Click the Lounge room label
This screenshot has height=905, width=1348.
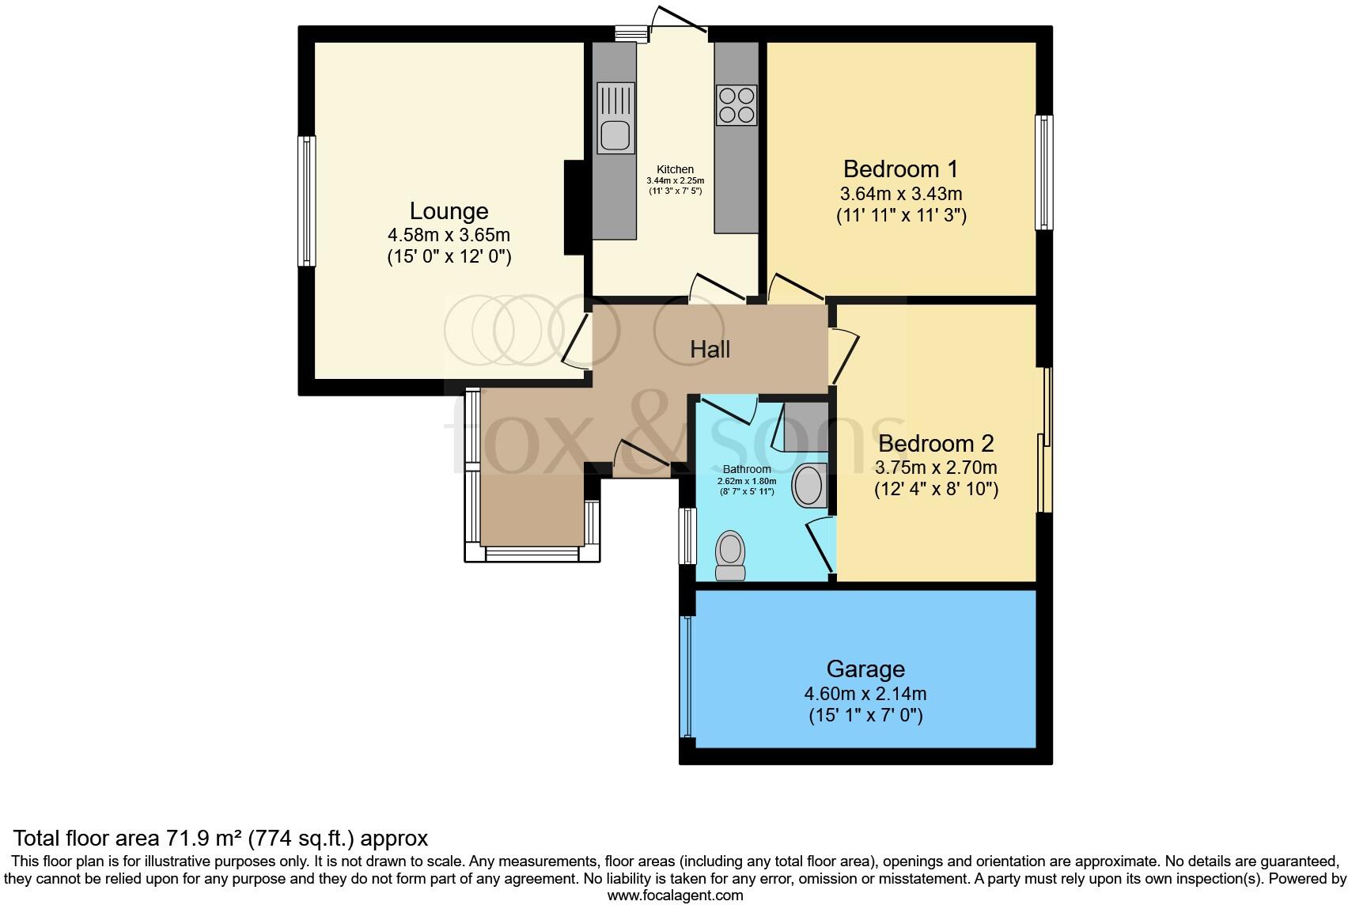click(x=449, y=211)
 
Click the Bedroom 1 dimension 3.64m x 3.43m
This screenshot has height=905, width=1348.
click(x=900, y=194)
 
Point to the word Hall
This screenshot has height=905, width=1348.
click(x=710, y=349)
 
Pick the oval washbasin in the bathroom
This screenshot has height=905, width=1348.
click(x=808, y=486)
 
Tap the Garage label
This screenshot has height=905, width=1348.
click(x=865, y=669)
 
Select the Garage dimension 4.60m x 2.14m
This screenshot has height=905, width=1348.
click(x=865, y=695)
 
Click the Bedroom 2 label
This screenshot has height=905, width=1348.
click(x=936, y=444)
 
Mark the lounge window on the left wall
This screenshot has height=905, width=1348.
click(x=306, y=201)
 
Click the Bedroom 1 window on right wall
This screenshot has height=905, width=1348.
click(x=1044, y=172)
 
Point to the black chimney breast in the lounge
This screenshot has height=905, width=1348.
click(x=574, y=207)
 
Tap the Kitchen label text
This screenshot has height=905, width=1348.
click(x=675, y=169)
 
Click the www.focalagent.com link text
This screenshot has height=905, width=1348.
click(x=675, y=896)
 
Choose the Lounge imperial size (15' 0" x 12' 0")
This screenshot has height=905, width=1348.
click(x=449, y=257)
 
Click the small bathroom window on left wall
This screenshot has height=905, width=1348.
click(x=688, y=536)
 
